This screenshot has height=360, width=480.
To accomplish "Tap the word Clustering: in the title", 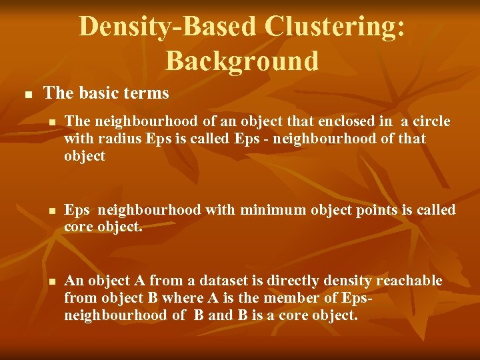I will pyautogui.click(x=335, y=27).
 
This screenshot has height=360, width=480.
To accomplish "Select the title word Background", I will pyautogui.click(x=242, y=61).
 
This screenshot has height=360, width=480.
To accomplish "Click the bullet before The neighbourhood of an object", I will pyautogui.click(x=51, y=123).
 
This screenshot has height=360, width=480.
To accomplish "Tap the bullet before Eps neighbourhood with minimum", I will pyautogui.click(x=51, y=211).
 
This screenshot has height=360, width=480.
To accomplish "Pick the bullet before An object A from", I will pyautogui.click(x=51, y=282).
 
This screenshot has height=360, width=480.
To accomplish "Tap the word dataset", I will pyautogui.click(x=218, y=281).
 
